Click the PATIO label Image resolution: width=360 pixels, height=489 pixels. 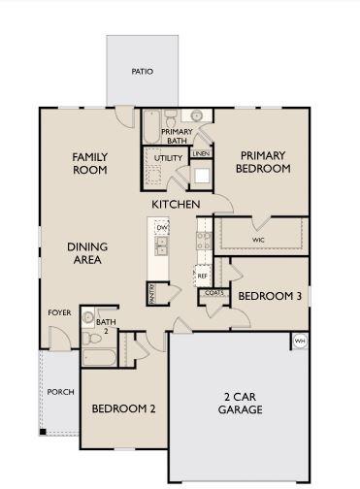pyautogui.click(x=142, y=72)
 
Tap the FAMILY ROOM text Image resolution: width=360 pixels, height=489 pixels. pyautogui.click(x=89, y=163)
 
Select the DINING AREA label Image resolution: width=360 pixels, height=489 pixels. pyautogui.click(x=86, y=253)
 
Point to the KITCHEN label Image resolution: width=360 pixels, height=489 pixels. pyautogui.click(x=176, y=205)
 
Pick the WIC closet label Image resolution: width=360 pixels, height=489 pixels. pyautogui.click(x=258, y=238)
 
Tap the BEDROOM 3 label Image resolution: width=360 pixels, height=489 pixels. pyautogui.click(x=269, y=296)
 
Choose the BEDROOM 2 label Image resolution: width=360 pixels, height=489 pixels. pyautogui.click(x=123, y=408)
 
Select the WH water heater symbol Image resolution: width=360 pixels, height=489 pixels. pyautogui.click(x=299, y=342)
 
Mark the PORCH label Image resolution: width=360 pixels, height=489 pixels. pyautogui.click(x=59, y=392)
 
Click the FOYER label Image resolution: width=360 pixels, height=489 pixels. pyautogui.click(x=59, y=312)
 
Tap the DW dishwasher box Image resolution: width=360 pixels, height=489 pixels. pyautogui.click(x=162, y=228)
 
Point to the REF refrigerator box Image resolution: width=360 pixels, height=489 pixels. pyautogui.click(x=203, y=276)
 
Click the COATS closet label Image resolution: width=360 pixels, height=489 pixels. pyautogui.click(x=214, y=292)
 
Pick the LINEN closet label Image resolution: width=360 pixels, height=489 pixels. pyautogui.click(x=201, y=153)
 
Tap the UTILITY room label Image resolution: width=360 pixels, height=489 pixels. pyautogui.click(x=168, y=157)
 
